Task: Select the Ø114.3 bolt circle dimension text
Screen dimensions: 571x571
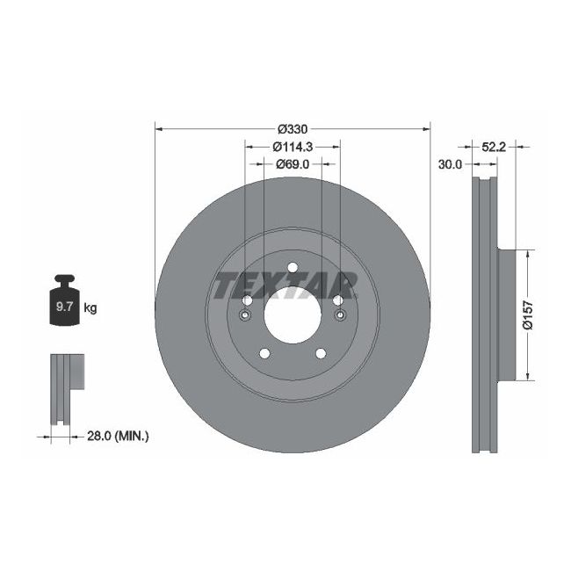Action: pyautogui.click(x=293, y=147)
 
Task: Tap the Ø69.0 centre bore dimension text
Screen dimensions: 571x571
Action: pyautogui.click(x=293, y=163)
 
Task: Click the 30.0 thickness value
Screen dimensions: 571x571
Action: pyautogui.click(x=451, y=163)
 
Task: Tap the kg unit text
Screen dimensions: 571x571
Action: pyautogui.click(x=90, y=307)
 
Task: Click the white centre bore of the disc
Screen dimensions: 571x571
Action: pyautogui.click(x=292, y=314)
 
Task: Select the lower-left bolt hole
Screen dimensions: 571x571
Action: pyautogui.click(x=264, y=353)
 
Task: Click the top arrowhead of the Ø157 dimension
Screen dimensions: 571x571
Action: pyautogui.click(x=527, y=253)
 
